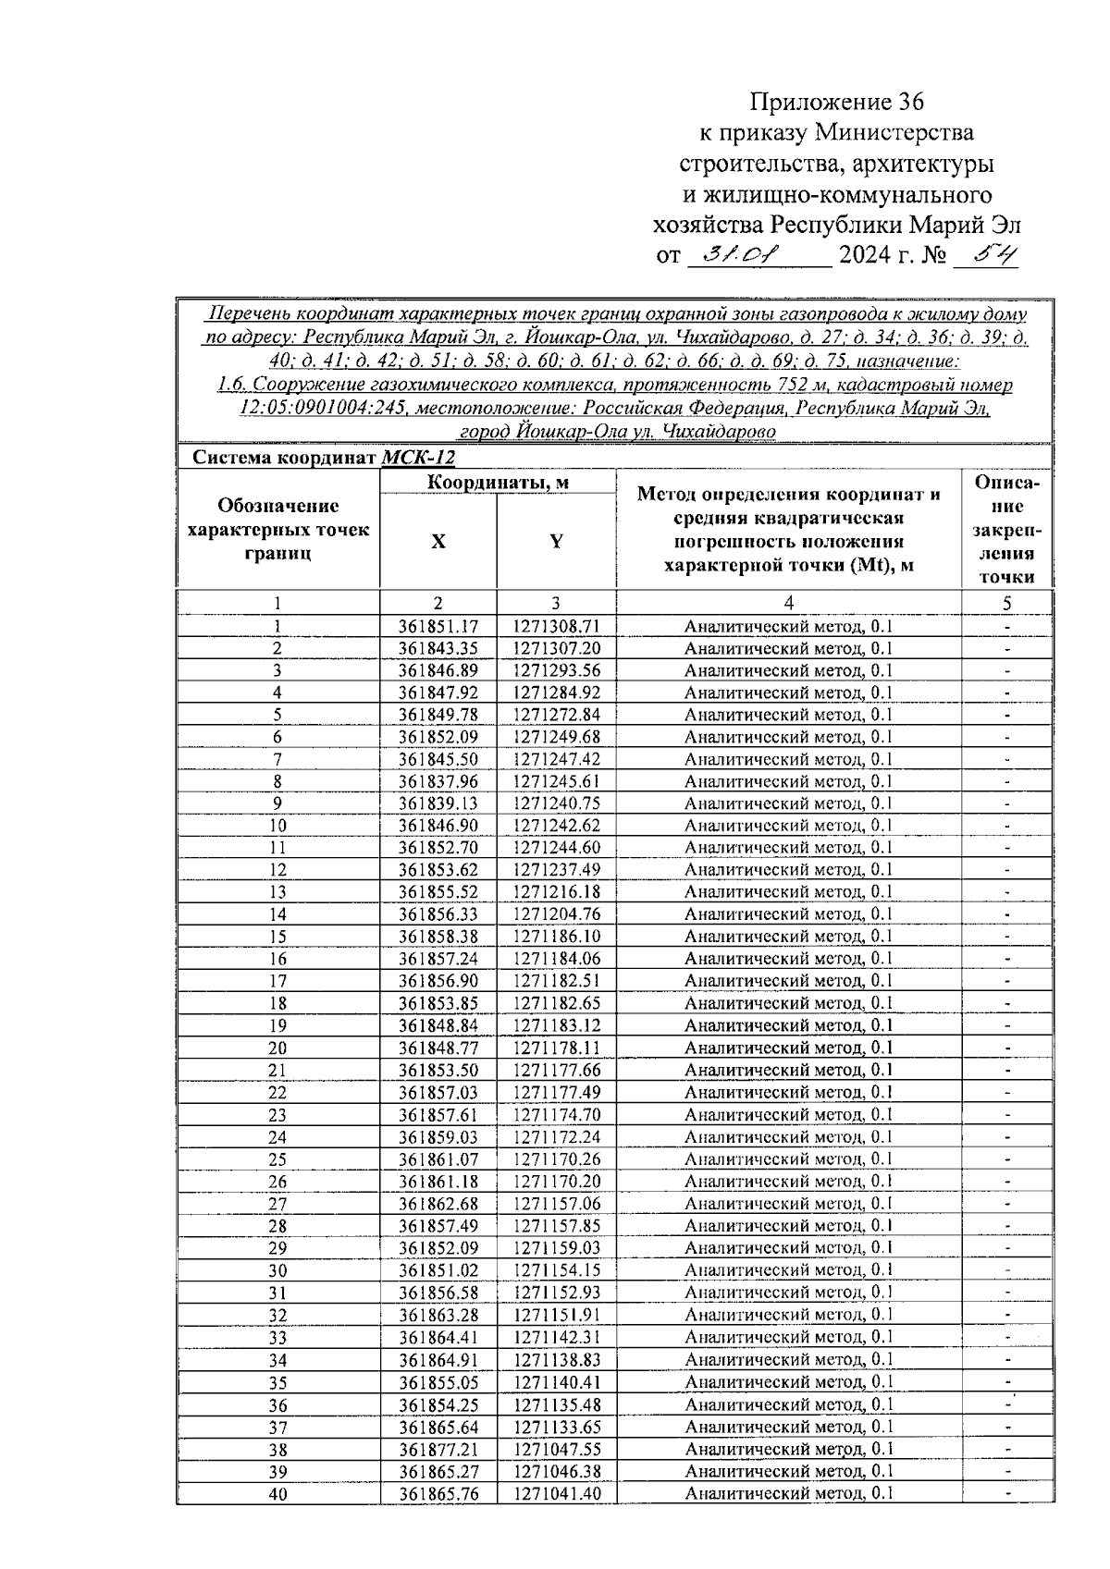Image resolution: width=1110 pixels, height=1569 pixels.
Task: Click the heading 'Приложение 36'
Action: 836,101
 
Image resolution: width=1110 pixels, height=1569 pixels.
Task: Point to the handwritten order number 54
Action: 986,253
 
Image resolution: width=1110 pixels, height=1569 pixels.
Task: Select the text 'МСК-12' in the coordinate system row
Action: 418,458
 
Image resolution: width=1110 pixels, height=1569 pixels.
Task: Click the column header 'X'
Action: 438,542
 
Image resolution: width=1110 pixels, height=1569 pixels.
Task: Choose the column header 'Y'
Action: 556,542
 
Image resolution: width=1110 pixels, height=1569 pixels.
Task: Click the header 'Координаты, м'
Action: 498,482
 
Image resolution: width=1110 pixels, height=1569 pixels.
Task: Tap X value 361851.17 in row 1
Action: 438,626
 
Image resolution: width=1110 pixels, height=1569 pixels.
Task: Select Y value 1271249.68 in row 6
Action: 556,737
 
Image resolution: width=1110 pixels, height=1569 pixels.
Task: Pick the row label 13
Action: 277,892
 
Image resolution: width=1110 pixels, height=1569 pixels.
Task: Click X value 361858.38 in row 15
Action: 438,937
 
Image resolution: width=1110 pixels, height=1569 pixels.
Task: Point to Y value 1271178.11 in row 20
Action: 556,1048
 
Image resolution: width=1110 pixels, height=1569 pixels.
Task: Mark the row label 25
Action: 277,1159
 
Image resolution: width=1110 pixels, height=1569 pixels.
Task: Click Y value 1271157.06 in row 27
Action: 556,1204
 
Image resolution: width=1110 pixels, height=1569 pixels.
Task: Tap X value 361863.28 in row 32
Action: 438,1315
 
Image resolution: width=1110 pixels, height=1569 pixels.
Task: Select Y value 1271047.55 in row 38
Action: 556,1449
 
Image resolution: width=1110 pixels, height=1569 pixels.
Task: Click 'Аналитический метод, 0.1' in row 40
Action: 788,1493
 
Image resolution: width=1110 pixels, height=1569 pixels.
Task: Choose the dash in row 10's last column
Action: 1007,826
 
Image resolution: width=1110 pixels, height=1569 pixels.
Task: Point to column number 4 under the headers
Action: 788,603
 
